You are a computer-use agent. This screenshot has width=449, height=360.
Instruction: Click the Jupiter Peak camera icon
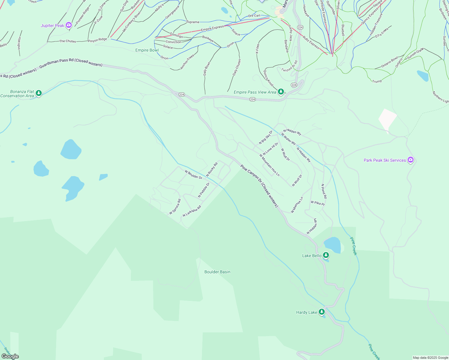tap(69, 25)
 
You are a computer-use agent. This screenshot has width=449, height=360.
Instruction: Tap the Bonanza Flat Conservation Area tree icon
tap(38, 94)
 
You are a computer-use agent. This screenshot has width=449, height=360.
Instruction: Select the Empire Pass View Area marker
tap(281, 92)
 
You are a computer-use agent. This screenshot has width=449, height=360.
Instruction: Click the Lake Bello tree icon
tap(326, 256)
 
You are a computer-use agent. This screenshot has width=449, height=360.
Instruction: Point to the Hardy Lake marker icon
tap(322, 312)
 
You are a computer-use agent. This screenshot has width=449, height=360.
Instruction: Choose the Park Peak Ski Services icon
tap(411, 160)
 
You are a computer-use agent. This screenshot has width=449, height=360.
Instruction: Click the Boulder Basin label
tap(217, 272)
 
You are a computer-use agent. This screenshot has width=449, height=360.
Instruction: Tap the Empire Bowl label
tap(147, 50)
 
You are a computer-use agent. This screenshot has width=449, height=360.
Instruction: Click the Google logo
tap(10, 356)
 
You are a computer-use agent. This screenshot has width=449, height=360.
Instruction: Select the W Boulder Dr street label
tap(193, 175)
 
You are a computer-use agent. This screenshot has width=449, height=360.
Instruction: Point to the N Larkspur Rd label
tap(192, 211)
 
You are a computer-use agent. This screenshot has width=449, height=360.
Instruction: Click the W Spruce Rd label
tap(175, 207)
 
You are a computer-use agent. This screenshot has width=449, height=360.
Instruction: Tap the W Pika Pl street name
tap(318, 203)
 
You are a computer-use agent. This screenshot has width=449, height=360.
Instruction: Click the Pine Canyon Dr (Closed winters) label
tap(259, 186)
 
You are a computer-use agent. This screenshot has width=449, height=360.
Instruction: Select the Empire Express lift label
tap(212, 28)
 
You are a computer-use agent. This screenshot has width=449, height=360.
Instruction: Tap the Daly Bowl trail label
tap(207, 69)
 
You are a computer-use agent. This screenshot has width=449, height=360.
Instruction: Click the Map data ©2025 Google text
tap(430, 358)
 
